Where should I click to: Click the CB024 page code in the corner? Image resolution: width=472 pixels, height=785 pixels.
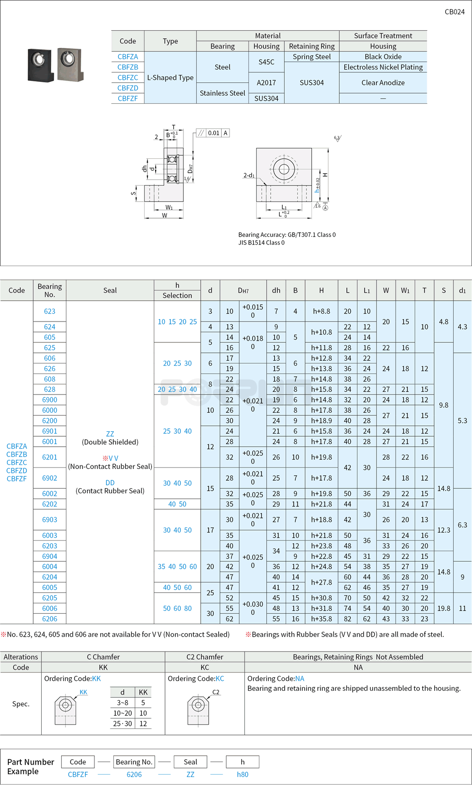pos(454,12)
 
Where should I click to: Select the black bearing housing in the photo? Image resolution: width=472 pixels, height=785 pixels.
pos(40,65)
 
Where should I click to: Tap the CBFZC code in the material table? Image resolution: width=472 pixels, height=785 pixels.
pos(128,77)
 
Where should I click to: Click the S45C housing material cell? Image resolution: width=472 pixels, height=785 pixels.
pos(266,62)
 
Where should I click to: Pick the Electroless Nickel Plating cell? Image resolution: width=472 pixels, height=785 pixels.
pos(383,67)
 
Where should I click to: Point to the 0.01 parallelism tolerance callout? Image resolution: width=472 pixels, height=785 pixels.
pos(214,133)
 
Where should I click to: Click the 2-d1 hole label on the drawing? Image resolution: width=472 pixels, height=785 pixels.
pos(249,175)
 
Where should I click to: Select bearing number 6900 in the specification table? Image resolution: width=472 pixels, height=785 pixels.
pos(50,400)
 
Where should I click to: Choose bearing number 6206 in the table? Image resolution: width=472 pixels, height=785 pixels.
pos(50,619)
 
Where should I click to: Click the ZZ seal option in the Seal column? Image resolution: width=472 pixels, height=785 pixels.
pos(110,434)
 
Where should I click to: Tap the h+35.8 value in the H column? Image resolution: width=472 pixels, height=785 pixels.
pos(321,619)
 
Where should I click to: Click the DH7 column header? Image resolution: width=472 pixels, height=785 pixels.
pos(243,290)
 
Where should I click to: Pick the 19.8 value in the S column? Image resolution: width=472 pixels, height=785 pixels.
pos(444,608)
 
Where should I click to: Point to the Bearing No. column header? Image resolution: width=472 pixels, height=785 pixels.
pos(50,290)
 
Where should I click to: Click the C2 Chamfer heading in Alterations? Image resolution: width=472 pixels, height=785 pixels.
pos(205,657)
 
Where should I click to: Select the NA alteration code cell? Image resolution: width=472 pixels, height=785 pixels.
pos(358,667)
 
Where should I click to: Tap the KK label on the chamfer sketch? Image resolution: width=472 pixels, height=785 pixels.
pos(83,692)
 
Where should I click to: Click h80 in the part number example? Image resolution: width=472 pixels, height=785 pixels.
pos(242,775)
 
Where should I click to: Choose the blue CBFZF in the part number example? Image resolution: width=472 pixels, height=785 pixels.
pos(78,775)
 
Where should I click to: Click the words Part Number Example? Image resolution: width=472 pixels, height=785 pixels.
pos(30,767)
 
